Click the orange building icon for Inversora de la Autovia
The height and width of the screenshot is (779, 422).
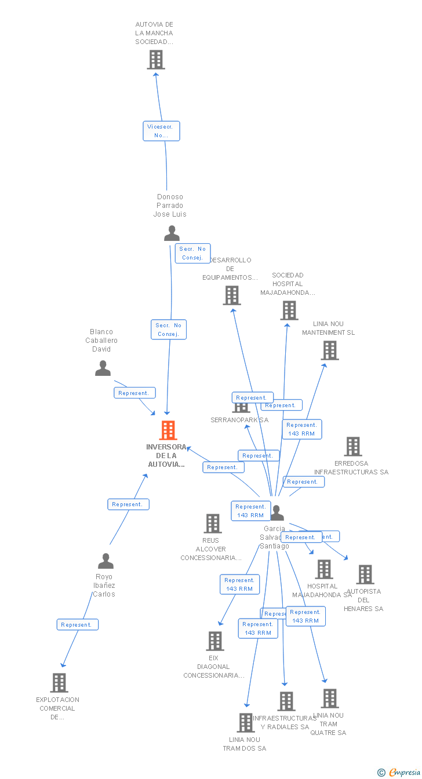168,430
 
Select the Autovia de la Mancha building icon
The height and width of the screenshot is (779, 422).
155,60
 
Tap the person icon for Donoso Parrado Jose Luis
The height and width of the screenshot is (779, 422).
172,233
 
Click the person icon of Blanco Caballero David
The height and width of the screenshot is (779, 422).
103,368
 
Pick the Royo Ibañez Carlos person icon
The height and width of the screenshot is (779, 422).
106,561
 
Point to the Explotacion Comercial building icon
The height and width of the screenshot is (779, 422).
59,683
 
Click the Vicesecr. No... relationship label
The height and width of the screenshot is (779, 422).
161,131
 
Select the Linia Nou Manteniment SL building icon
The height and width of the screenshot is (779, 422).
329,350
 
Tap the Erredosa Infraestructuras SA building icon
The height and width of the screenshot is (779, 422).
352,447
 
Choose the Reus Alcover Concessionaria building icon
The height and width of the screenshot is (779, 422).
213,524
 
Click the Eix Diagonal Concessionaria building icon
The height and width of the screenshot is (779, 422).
215,641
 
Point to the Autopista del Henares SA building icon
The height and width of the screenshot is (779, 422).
365,575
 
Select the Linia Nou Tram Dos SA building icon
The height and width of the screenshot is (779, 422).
245,723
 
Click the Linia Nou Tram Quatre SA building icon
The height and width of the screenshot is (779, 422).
329,698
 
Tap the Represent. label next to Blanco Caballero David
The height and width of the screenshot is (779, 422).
134,393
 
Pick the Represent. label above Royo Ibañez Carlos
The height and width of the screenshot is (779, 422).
128,504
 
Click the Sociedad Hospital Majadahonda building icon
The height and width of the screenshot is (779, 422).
289,310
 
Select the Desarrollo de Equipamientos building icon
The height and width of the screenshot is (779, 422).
231,295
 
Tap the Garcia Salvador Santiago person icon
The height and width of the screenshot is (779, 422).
277,513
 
